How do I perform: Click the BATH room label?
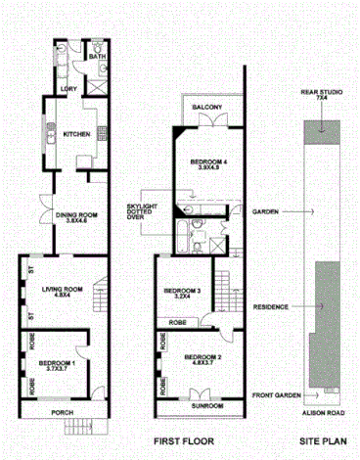click(97, 57)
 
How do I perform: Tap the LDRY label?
click(68, 90)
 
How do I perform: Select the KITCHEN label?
click(77, 133)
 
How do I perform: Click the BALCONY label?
click(206, 107)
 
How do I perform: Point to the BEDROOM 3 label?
click(183, 291)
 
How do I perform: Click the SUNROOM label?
click(206, 404)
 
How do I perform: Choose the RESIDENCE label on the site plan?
click(269, 306)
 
